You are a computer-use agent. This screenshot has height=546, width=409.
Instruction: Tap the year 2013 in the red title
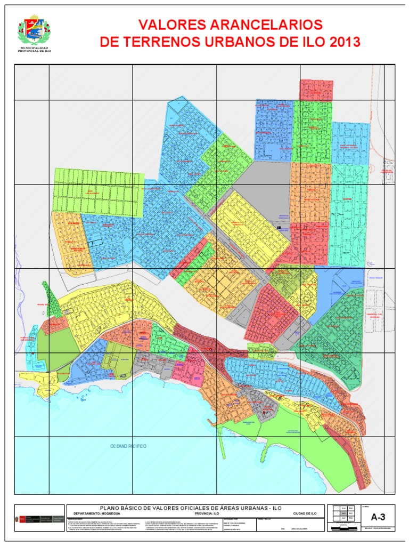pos(341,42)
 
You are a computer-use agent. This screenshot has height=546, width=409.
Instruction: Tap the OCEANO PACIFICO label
pos(128,446)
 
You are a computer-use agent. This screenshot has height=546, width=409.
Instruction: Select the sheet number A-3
pos(378,516)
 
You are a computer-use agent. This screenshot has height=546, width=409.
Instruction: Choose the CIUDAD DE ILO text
pos(305,513)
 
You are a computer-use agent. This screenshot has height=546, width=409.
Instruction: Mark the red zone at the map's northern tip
pos(316,90)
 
